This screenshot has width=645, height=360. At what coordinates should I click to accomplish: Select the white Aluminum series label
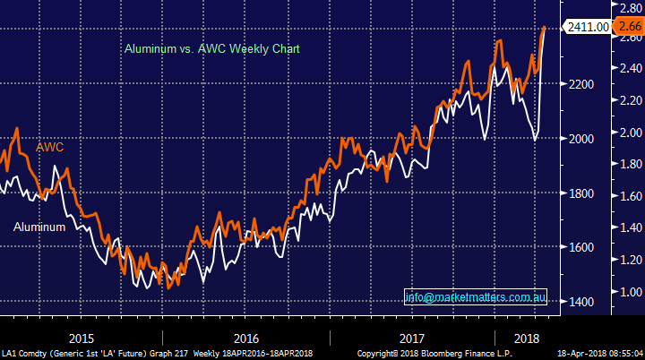click(39, 227)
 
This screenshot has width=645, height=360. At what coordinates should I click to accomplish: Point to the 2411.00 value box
click(585, 28)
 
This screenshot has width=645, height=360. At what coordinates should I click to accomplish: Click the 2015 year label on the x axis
click(82, 339)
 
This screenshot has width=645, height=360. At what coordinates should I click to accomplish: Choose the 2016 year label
click(245, 339)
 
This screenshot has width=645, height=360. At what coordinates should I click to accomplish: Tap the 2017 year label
click(411, 339)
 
